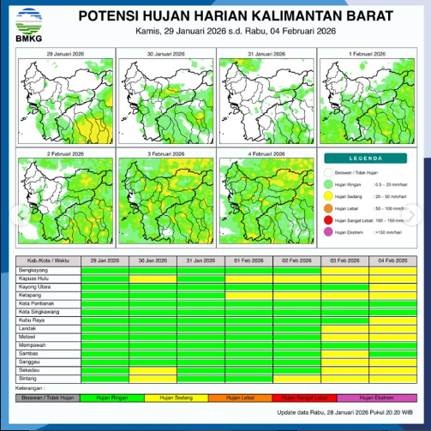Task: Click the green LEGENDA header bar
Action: [x=366, y=159]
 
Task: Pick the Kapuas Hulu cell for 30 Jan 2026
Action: [x=153, y=276]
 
